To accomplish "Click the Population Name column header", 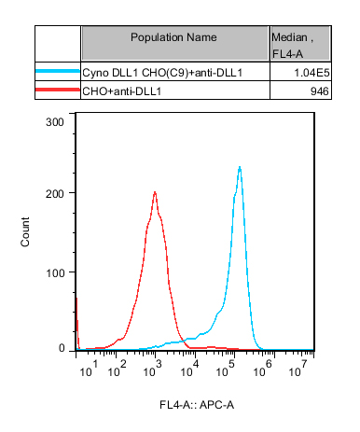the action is coord(173,37).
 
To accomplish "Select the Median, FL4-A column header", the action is coord(293,46).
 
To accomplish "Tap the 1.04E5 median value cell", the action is coord(312,73).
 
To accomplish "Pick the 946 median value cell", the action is coord(320,91).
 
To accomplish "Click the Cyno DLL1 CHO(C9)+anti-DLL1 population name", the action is coord(162,73).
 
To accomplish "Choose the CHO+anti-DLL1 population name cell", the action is coord(122,91).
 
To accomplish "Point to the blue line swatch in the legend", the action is coord(58,71).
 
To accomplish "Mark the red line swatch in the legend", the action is coord(58,90).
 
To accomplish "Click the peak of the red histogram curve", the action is coord(155,192).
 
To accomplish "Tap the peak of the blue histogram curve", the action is coord(240,167).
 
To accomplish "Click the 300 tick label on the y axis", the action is coord(55,122).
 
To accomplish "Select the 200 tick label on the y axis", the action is coord(55,194).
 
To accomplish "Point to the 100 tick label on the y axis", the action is coord(55,273).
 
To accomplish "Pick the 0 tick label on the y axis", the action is coord(62,348).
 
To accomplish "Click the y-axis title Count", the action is coord(25,232).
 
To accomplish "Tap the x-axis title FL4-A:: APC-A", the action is coord(197,405).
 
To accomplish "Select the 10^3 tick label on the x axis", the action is coord(152,369).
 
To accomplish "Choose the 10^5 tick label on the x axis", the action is coord(227,369).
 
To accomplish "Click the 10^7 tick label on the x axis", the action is coord(298,369).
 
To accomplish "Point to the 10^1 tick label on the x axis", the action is coord(89,369).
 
